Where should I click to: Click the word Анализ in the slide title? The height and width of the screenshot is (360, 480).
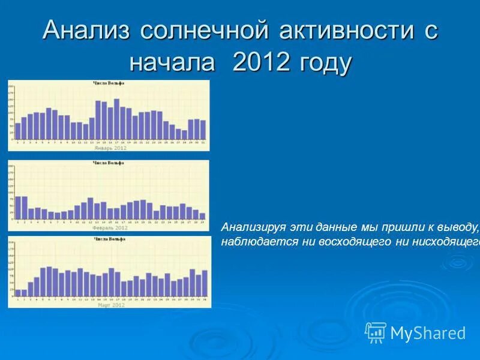pyautogui.click(x=86, y=31)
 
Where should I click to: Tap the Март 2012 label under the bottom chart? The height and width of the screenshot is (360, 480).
pyautogui.click(x=110, y=305)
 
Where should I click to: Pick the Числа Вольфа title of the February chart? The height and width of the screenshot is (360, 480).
pyautogui.click(x=109, y=163)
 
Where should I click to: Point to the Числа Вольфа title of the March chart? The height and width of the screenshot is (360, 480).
pyautogui.click(x=109, y=239)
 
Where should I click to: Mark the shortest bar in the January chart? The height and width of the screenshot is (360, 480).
pyautogui.click(x=184, y=134)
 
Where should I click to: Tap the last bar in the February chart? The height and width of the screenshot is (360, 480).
pyautogui.click(x=202, y=217)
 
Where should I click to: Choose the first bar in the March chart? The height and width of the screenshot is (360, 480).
pyautogui.click(x=17, y=293)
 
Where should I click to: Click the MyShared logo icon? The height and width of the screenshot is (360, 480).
pyautogui.click(x=376, y=332)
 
